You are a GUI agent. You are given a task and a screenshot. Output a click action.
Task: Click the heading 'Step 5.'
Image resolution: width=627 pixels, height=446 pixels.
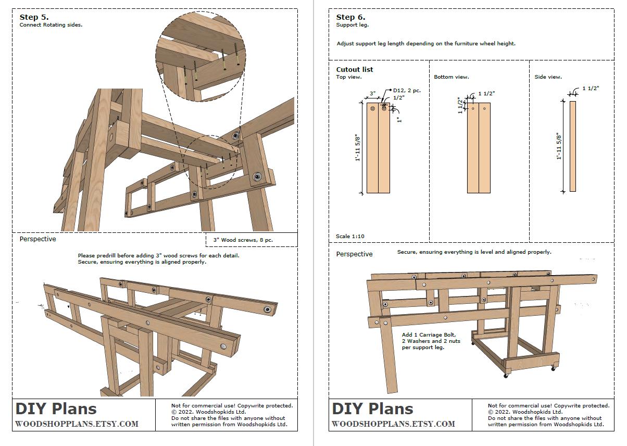(x=34, y=17)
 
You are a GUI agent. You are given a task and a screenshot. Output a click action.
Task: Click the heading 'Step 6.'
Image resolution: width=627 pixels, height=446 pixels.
(x=350, y=17)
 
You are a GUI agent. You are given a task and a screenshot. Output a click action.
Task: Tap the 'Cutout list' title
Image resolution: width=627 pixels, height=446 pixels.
(x=354, y=69)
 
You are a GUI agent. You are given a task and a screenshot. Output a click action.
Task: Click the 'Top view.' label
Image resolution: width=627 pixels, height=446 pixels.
(x=348, y=77)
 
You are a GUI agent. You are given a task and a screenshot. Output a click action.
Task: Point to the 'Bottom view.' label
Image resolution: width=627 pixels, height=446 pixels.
(x=451, y=77)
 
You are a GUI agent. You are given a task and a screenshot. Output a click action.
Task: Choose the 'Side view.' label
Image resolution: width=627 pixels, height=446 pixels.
(x=548, y=77)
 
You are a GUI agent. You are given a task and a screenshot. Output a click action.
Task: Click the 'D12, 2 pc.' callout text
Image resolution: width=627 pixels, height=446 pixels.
(x=407, y=90)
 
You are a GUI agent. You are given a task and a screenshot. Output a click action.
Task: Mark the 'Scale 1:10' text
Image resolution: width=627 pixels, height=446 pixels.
(x=350, y=237)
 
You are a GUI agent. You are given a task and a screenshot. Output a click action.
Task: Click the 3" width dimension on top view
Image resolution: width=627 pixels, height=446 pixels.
(x=372, y=94)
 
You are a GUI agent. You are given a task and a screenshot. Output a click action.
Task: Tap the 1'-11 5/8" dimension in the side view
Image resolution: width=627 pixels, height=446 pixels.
(x=559, y=146)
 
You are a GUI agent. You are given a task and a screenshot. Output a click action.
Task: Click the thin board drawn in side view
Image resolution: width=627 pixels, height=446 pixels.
(x=572, y=146)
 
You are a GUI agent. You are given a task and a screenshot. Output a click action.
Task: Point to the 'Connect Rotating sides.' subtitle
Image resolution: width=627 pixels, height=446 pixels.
(x=51, y=24)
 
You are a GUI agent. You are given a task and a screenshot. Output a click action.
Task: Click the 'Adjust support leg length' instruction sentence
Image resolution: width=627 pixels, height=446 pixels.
(x=425, y=44)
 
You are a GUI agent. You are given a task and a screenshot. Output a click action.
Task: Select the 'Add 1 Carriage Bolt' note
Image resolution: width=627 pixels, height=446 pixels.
(x=429, y=334)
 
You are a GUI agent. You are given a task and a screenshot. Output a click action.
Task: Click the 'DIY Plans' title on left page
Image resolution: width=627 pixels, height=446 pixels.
(x=56, y=409)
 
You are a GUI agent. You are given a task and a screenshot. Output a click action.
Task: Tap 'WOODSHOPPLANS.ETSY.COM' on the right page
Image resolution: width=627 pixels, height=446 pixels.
(x=393, y=424)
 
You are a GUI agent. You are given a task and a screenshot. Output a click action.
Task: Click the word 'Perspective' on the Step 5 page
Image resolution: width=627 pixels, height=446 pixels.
(x=37, y=239)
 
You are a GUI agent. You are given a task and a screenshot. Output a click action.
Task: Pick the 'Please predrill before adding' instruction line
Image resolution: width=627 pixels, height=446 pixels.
(x=158, y=256)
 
